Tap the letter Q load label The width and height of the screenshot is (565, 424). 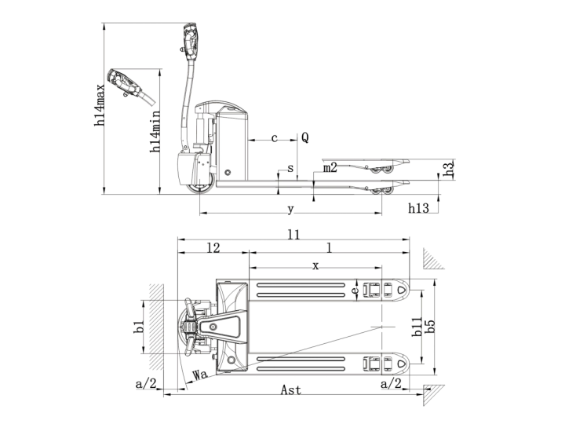coord(304,138)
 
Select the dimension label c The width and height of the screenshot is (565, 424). coord(274,138)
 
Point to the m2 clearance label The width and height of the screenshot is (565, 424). coord(330,167)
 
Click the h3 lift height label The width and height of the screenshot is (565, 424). coord(448,169)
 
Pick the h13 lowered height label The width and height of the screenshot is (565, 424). coord(418,208)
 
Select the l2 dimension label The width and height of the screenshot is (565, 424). coord(213,247)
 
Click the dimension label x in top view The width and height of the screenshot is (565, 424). coord(315,266)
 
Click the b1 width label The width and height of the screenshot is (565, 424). coord(138,327)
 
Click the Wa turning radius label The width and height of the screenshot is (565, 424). coord(199,375)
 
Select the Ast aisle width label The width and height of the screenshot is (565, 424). coord(290,390)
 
